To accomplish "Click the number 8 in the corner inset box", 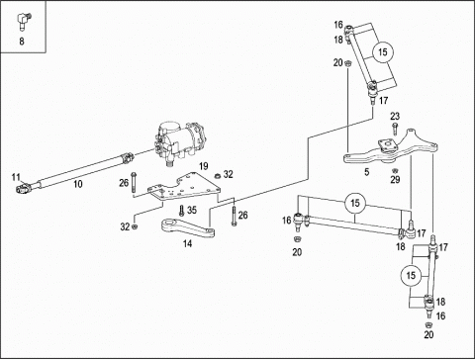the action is [x=22, y=42].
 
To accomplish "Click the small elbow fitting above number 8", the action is [x=23, y=20].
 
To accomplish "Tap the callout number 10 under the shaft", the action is [x=78, y=184].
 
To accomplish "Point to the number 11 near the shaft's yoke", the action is [x=16, y=177].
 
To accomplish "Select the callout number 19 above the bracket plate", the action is [x=204, y=166].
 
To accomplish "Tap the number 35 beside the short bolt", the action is [x=192, y=210].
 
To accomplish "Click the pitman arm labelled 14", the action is [x=188, y=228].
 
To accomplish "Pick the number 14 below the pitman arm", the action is [x=187, y=243].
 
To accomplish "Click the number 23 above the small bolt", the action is [x=395, y=116].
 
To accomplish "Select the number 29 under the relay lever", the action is [x=395, y=180].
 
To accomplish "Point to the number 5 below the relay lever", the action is [x=367, y=172].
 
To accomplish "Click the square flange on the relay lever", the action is [x=388, y=146].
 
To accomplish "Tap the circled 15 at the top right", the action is [x=383, y=52].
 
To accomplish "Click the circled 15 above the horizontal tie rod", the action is [x=355, y=203].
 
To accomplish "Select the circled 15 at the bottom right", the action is [x=411, y=275].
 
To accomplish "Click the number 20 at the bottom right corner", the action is [x=428, y=334].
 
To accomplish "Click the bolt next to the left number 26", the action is [x=134, y=182].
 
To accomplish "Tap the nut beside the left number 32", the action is [x=135, y=226].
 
